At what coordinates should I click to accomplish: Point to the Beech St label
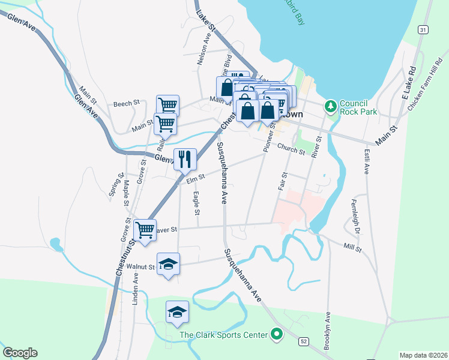pos(126,103)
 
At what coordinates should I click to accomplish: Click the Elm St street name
pos(196,177)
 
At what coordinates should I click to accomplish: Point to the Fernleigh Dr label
pos(355,217)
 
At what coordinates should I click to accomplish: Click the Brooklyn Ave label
pos(328,330)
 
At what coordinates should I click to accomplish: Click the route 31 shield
pos(424,29)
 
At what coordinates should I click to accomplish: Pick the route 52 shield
pos(304,341)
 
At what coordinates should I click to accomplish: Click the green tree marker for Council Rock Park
pos(330,107)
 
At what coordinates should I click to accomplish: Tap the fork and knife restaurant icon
pos(185,159)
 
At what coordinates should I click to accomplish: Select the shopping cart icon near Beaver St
pos(145,229)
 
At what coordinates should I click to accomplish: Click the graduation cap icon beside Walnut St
pos(168,264)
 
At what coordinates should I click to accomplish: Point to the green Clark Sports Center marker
pos(277,334)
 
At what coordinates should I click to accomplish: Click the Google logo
pos(20,353)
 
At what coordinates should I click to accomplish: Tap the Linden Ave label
pos(136,288)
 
